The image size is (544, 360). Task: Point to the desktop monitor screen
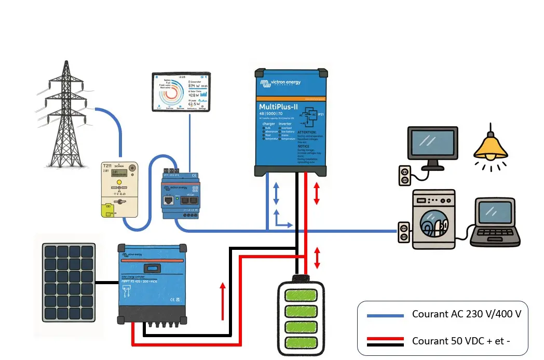[432, 144]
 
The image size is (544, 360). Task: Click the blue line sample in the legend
[385, 315]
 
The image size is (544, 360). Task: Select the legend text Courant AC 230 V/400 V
[466, 314]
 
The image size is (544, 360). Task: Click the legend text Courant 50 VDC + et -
[461, 341]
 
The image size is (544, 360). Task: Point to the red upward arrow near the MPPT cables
[223, 301]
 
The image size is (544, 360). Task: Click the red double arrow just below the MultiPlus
[316, 193]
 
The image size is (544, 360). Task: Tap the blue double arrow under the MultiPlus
[276, 193]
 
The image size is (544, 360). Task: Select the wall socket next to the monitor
[403, 175]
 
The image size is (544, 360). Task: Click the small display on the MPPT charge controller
[151, 269]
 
